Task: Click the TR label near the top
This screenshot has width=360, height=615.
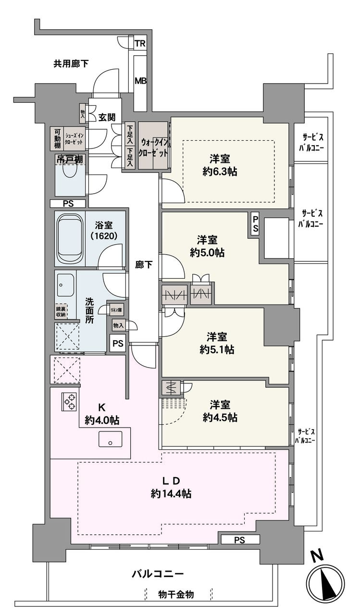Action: [x=140, y=44]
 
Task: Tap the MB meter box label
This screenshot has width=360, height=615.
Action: [x=140, y=81]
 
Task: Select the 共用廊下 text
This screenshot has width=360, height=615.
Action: [x=71, y=64]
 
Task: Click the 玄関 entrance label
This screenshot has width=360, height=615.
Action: [x=107, y=118]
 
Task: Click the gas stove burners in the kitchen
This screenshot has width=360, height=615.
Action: [x=70, y=402]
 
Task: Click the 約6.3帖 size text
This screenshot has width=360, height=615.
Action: [x=220, y=172]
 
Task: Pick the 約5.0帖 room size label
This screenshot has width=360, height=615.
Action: [x=207, y=252]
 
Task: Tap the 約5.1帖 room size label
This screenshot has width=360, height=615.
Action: [x=217, y=349]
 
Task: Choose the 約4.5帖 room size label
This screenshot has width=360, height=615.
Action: [x=220, y=418]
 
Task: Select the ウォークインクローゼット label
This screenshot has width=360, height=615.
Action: [x=153, y=148]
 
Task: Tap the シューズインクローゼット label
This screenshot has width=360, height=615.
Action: [x=74, y=139]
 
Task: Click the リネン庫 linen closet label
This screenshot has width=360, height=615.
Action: [x=116, y=310]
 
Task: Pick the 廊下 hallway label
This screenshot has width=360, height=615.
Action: [x=144, y=265]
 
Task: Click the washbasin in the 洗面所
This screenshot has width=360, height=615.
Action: [x=65, y=285]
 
